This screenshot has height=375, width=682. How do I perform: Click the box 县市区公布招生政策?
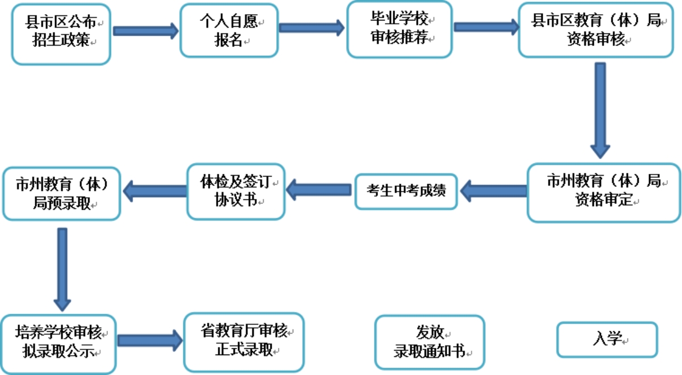pos(61,32)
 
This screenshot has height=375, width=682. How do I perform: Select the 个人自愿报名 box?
pos(229,31)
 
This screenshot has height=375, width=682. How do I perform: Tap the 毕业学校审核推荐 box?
pos(400,29)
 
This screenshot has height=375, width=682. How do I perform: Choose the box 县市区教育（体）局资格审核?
pos(596,31)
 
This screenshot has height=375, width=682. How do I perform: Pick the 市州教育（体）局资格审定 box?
pos(604,192)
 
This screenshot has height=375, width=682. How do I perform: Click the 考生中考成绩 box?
pos(406,191)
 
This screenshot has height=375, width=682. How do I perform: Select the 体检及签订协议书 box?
pos(236,192)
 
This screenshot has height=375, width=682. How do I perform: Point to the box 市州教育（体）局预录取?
pos(61,194)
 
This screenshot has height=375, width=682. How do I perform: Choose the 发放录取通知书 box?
pos(430,343)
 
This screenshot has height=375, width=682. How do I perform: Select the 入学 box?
pos(607,339)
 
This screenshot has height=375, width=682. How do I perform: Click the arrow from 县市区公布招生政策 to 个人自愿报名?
pos(145,31)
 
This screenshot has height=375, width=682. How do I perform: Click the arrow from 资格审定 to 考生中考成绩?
pos(493,191)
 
